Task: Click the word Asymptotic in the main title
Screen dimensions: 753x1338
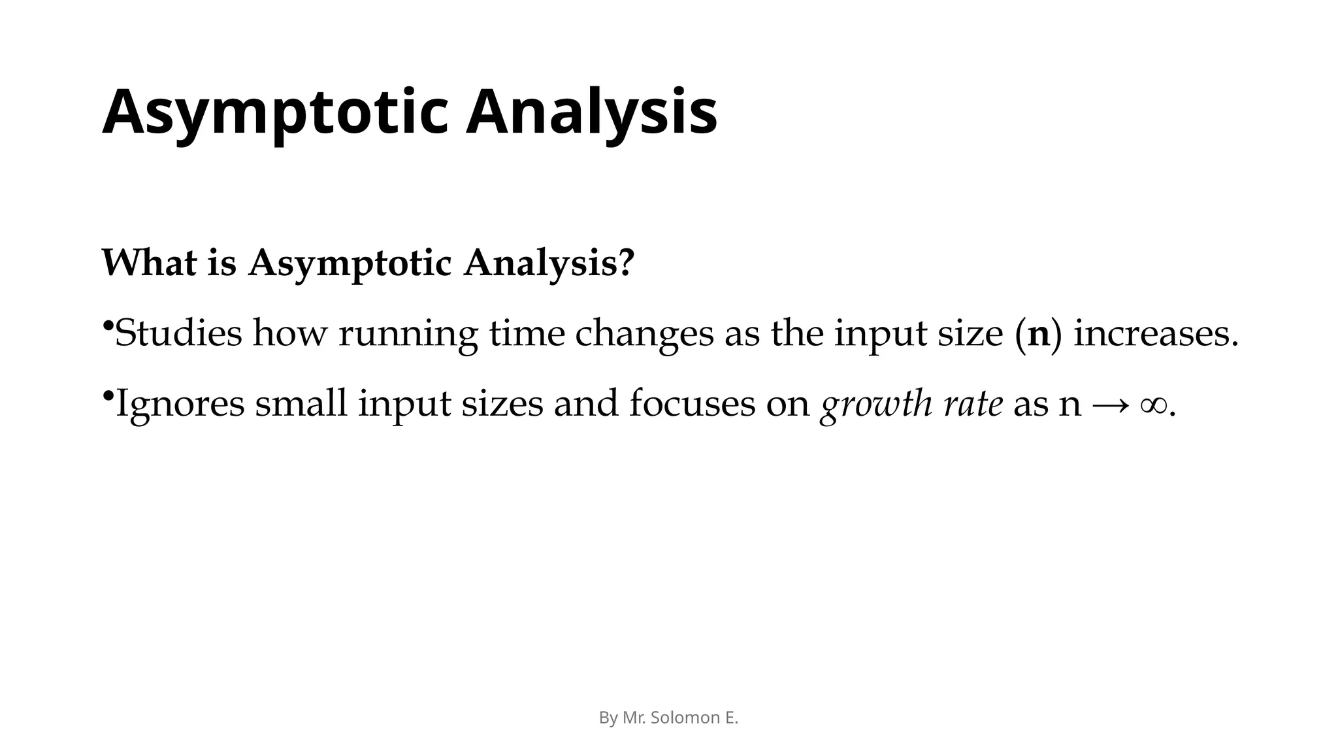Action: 274,112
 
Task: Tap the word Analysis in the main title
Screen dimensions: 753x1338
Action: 591,112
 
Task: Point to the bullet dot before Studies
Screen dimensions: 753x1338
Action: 108,325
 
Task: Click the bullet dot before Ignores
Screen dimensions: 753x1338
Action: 108,395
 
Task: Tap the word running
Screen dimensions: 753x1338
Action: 408,335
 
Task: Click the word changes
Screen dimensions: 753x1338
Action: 644,335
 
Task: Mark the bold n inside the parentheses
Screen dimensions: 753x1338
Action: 1038,335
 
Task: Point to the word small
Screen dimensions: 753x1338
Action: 301,403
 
